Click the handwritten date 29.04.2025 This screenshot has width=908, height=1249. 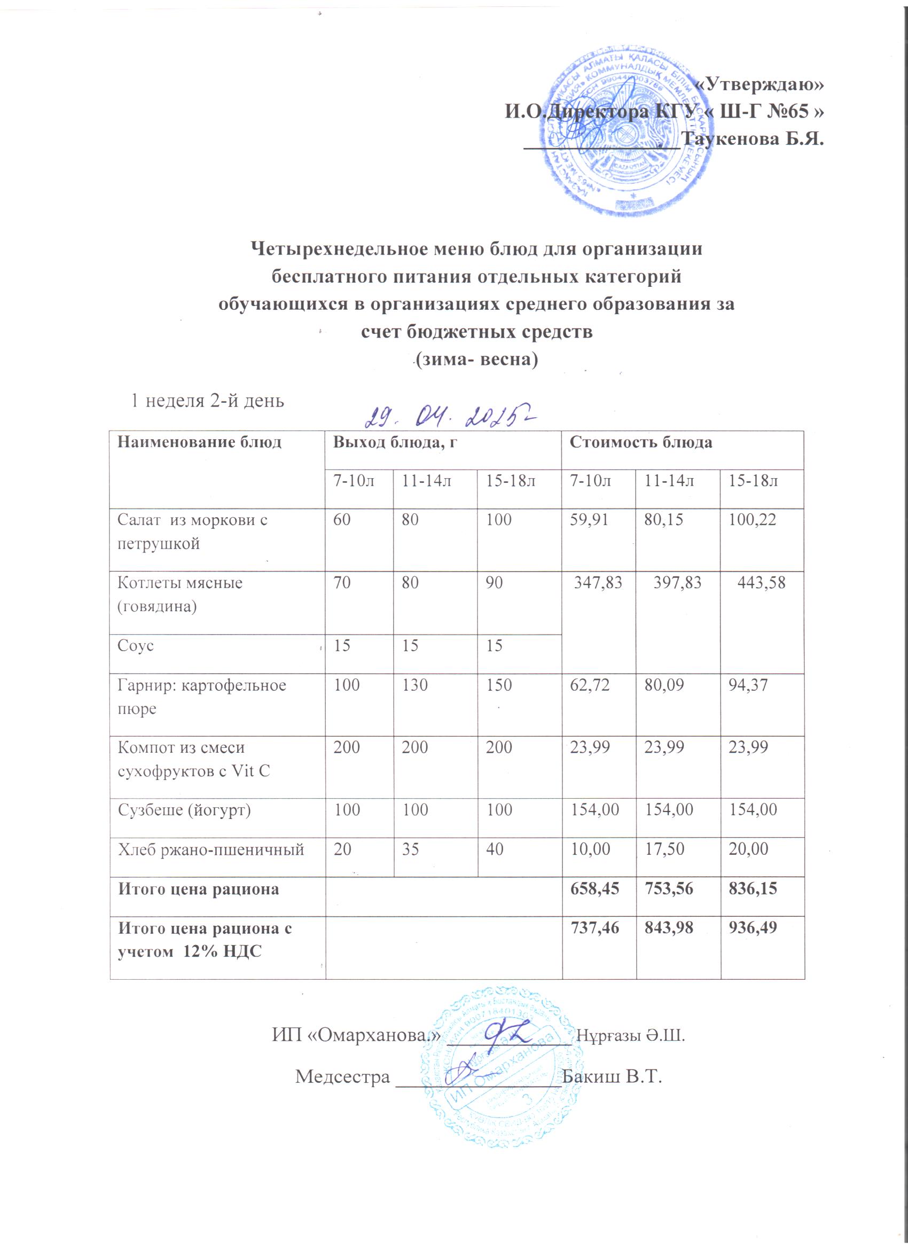tap(451, 420)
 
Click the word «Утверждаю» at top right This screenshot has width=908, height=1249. tap(760, 84)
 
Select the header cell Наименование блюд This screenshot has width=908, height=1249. tap(199, 442)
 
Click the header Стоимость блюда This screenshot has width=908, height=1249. tap(640, 442)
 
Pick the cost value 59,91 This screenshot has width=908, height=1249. tap(589, 519)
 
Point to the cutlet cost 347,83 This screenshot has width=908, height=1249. tap(598, 583)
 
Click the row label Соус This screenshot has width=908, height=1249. tap(136, 645)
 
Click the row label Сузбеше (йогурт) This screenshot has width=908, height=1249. tap(184, 810)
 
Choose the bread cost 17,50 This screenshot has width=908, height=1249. tap(664, 849)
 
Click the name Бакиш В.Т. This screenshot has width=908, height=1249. tap(610, 1075)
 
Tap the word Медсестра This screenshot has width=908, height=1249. tap(342, 1075)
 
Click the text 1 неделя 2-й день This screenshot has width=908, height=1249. tap(207, 400)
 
